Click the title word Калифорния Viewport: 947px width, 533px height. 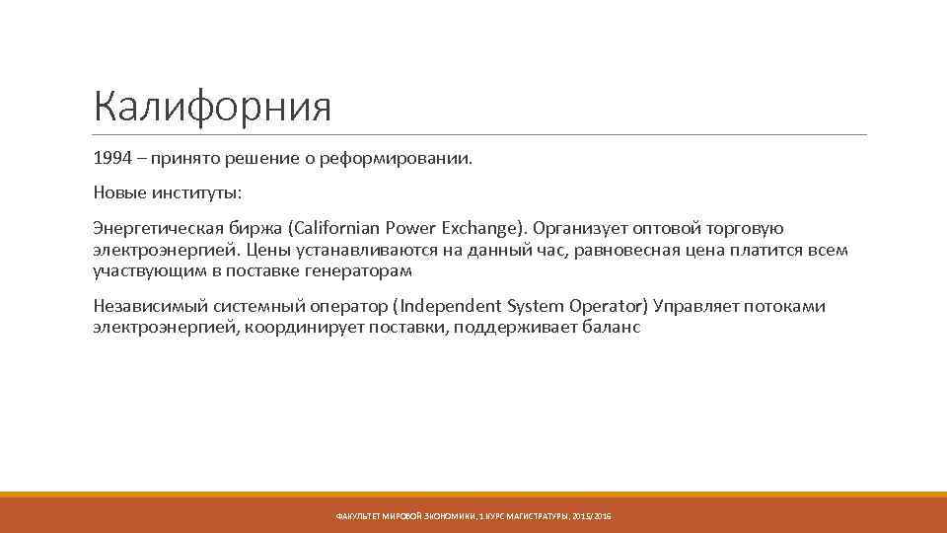pos(212,105)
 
